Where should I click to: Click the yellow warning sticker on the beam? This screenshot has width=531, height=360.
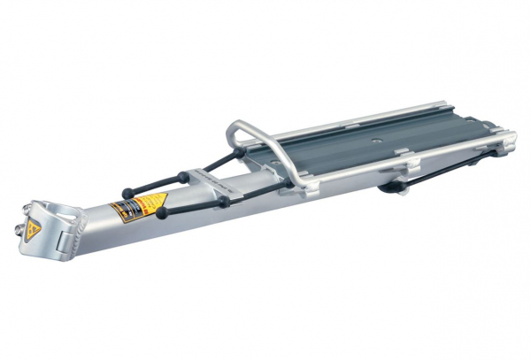(x=133, y=211)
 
